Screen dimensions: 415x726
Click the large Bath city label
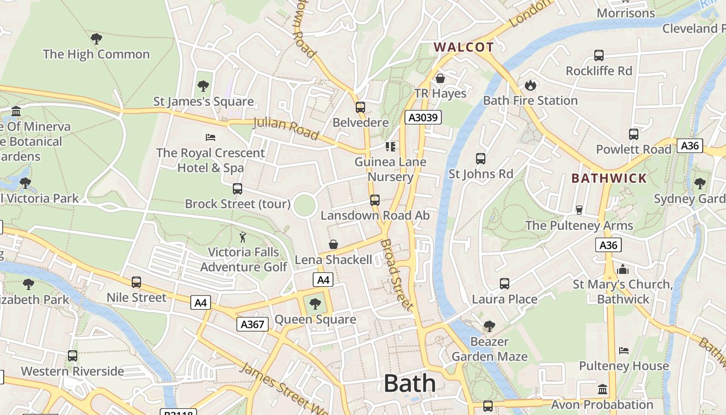point(410,384)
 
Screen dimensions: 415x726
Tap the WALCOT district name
point(464,47)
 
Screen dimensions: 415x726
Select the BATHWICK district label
point(609,178)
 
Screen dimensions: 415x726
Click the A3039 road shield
point(423,117)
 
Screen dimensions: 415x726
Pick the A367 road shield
point(253,325)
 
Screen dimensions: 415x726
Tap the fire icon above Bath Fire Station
point(530,85)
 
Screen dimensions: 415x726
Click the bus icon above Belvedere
point(360,107)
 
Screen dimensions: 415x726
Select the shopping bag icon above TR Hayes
point(440,78)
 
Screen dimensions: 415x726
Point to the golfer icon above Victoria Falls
point(243,237)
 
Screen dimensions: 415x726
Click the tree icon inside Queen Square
point(315,304)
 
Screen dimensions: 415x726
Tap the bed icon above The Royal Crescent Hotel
point(211,137)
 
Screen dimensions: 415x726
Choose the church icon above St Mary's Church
point(623,269)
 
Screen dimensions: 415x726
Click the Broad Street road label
point(397,274)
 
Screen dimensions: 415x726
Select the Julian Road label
point(286,129)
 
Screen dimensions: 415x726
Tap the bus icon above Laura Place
point(505,284)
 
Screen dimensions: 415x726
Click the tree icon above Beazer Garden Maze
point(489,326)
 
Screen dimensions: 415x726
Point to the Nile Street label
point(136,298)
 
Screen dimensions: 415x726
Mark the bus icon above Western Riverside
point(73,356)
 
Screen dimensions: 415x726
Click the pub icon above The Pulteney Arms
point(579,210)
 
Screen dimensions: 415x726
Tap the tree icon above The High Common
point(96,39)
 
